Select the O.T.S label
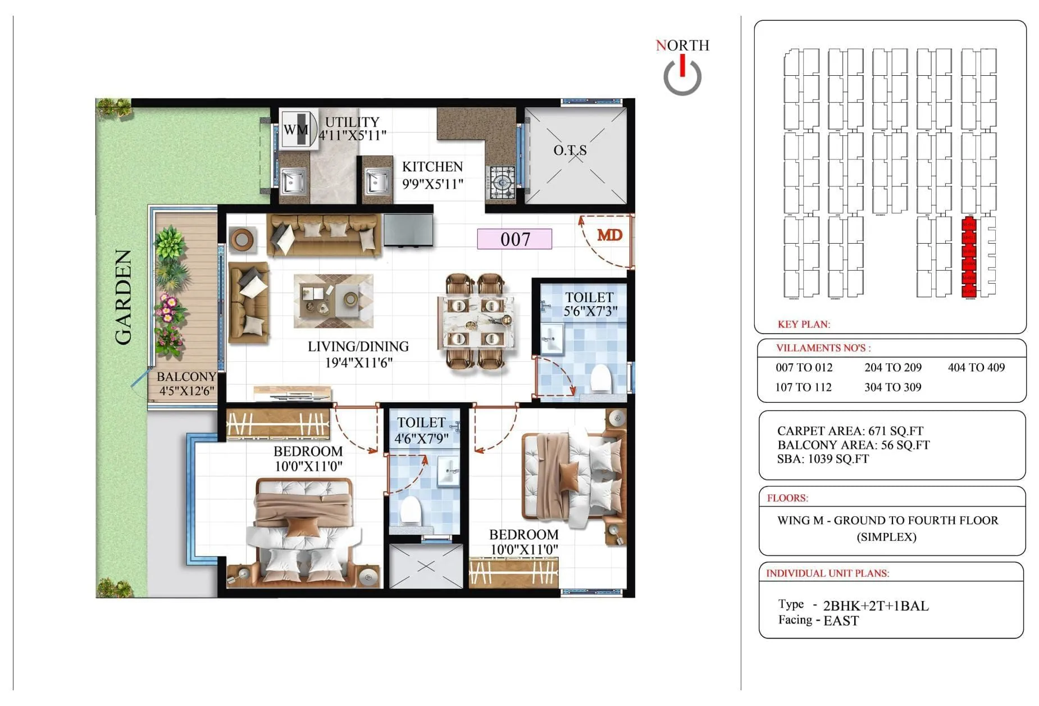570,151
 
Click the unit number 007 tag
514,239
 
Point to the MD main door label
609,235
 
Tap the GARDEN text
124,297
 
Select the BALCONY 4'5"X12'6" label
186,384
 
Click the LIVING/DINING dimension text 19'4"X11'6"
358,363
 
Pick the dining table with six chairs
476,322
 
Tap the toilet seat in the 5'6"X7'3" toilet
601,377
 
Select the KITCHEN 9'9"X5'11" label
432,175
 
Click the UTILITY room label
352,122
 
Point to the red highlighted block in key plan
968,257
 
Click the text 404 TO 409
976,367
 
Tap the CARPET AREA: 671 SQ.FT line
850,431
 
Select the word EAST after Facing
841,621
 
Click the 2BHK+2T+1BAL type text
876,605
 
